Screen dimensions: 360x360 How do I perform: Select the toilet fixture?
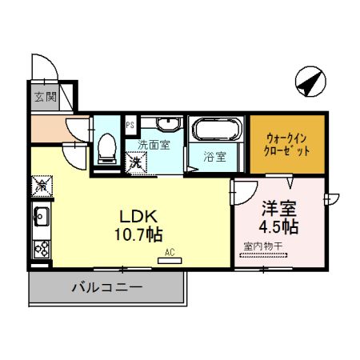(106, 146)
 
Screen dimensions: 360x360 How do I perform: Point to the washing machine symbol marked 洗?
(136, 161)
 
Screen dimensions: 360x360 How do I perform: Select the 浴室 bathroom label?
(214, 157)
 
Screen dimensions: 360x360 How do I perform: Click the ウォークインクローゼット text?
(286, 143)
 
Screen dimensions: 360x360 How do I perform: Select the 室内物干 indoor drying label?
(262, 247)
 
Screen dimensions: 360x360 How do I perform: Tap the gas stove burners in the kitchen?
(42, 246)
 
